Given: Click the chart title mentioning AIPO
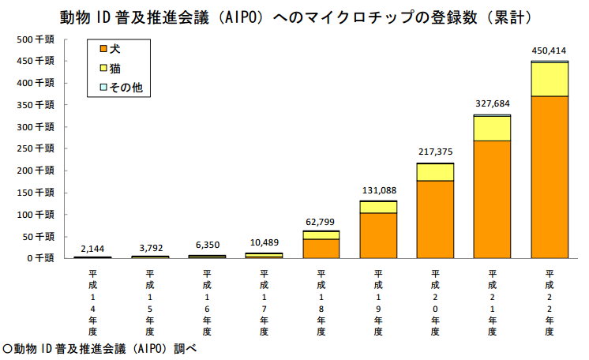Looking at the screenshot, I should (294, 17).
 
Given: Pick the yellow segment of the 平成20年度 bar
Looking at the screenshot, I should (435, 172).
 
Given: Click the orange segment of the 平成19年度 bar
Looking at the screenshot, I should (378, 235).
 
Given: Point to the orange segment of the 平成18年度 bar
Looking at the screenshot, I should (321, 248).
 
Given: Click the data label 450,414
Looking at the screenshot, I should (550, 51).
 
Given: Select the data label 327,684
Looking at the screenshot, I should (492, 104).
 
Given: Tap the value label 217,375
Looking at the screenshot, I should (435, 152).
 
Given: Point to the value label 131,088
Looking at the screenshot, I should (378, 189).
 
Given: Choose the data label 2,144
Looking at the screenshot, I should (92, 248).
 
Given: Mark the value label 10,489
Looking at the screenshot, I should (264, 243).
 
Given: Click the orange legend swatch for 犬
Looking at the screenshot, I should (101, 49).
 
